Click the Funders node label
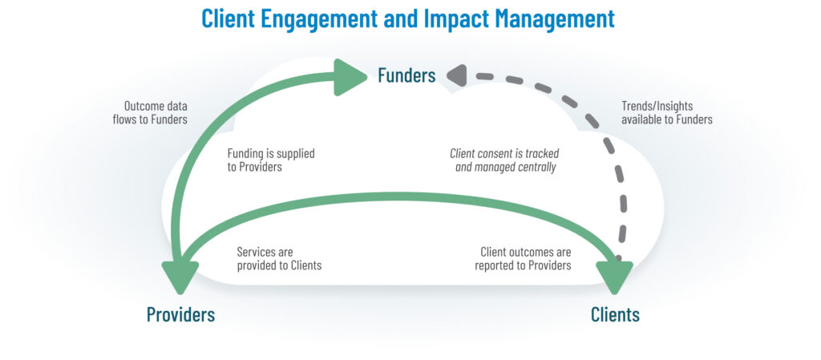pyautogui.click(x=406, y=75)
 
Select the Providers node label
pyautogui.click(x=180, y=314)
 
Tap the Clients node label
pyautogui.click(x=615, y=314)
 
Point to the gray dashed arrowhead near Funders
pyautogui.click(x=456, y=75)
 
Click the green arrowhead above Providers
pyautogui.click(x=180, y=277)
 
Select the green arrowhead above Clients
pyautogui.click(x=615, y=277)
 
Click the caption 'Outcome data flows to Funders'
pyautogui.click(x=150, y=112)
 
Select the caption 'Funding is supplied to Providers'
pyautogui.click(x=271, y=160)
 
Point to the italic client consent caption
pyautogui.click(x=504, y=160)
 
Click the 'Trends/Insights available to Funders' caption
pyautogui.click(x=667, y=112)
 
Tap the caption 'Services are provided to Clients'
pyautogui.click(x=279, y=258)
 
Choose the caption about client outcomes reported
pyautogui.click(x=523, y=258)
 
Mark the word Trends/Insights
pyautogui.click(x=657, y=106)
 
